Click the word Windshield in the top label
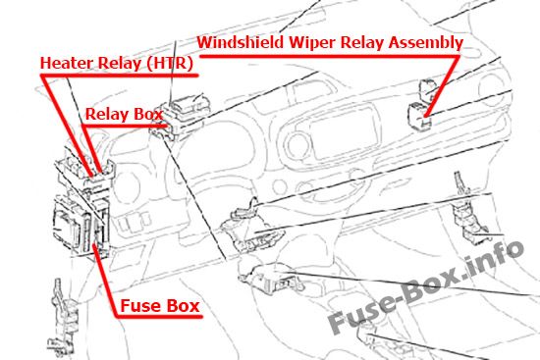241,42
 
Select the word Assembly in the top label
426,43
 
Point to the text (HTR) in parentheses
169,64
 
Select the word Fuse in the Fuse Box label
138,306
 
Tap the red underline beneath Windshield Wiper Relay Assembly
329,56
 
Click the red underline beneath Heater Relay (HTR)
120,76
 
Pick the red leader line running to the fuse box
105,280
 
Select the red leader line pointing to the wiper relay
442,86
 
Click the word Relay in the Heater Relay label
120,64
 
